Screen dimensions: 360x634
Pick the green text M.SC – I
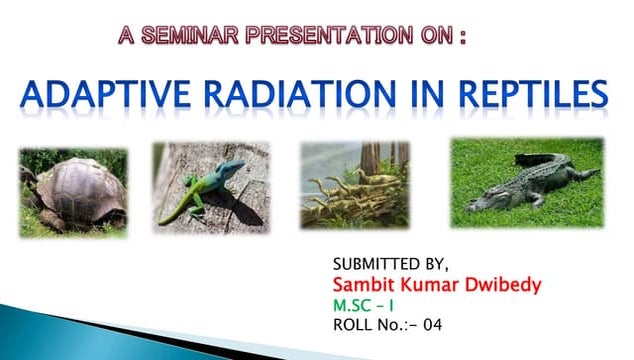[x=366, y=305]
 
